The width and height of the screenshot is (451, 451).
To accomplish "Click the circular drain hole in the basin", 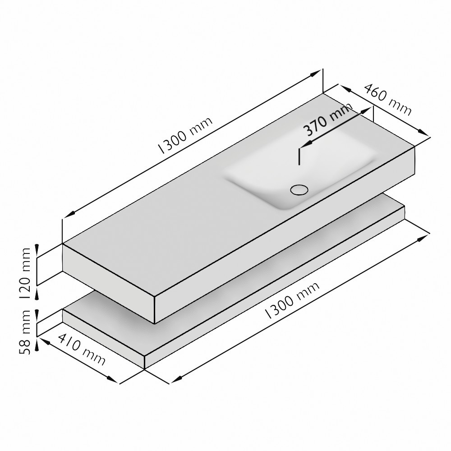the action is (x=299, y=190).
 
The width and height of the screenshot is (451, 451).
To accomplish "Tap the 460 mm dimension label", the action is (x=388, y=99).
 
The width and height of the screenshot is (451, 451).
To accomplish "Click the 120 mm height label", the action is (x=26, y=273).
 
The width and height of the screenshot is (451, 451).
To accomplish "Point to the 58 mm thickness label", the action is (x=26, y=332).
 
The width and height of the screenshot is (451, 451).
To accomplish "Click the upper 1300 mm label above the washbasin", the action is (x=185, y=135).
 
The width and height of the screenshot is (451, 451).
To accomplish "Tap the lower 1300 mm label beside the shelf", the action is (x=292, y=300).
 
